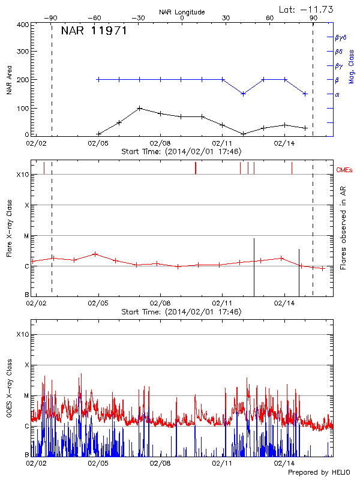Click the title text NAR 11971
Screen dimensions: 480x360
(94, 31)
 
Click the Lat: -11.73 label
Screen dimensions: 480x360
(307, 9)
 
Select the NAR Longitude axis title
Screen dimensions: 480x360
(182, 12)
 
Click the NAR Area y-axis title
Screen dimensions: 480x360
(9, 80)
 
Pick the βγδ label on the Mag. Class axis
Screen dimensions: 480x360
(341, 37)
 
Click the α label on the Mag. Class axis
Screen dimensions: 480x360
(337, 94)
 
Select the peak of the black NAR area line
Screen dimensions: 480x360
(139, 108)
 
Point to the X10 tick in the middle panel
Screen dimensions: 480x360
(22, 175)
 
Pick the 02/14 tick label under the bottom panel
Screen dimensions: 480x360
(284, 463)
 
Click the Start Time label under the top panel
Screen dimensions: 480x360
(181, 152)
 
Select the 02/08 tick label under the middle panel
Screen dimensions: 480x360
(160, 304)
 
